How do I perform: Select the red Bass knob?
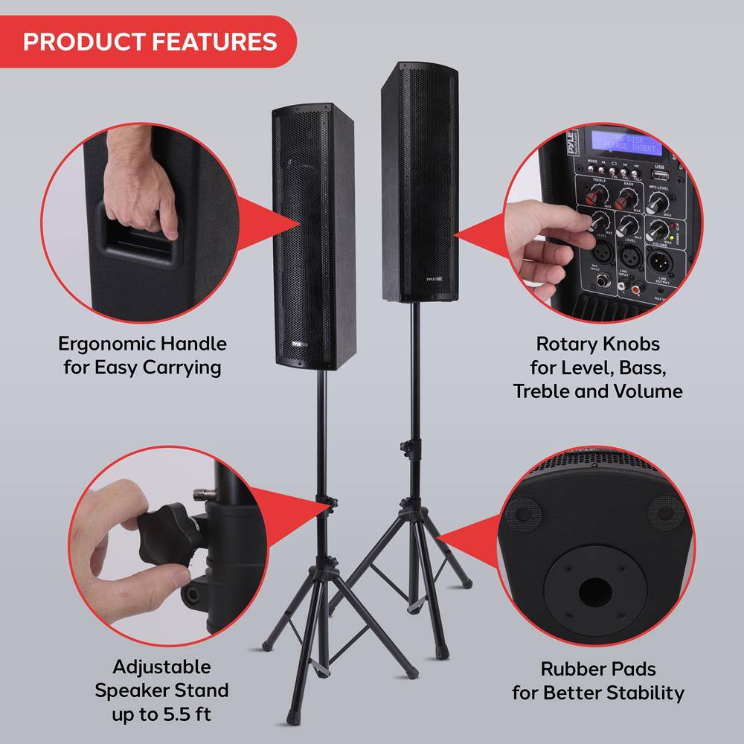click(x=628, y=198)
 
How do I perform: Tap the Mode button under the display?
click(x=592, y=170)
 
